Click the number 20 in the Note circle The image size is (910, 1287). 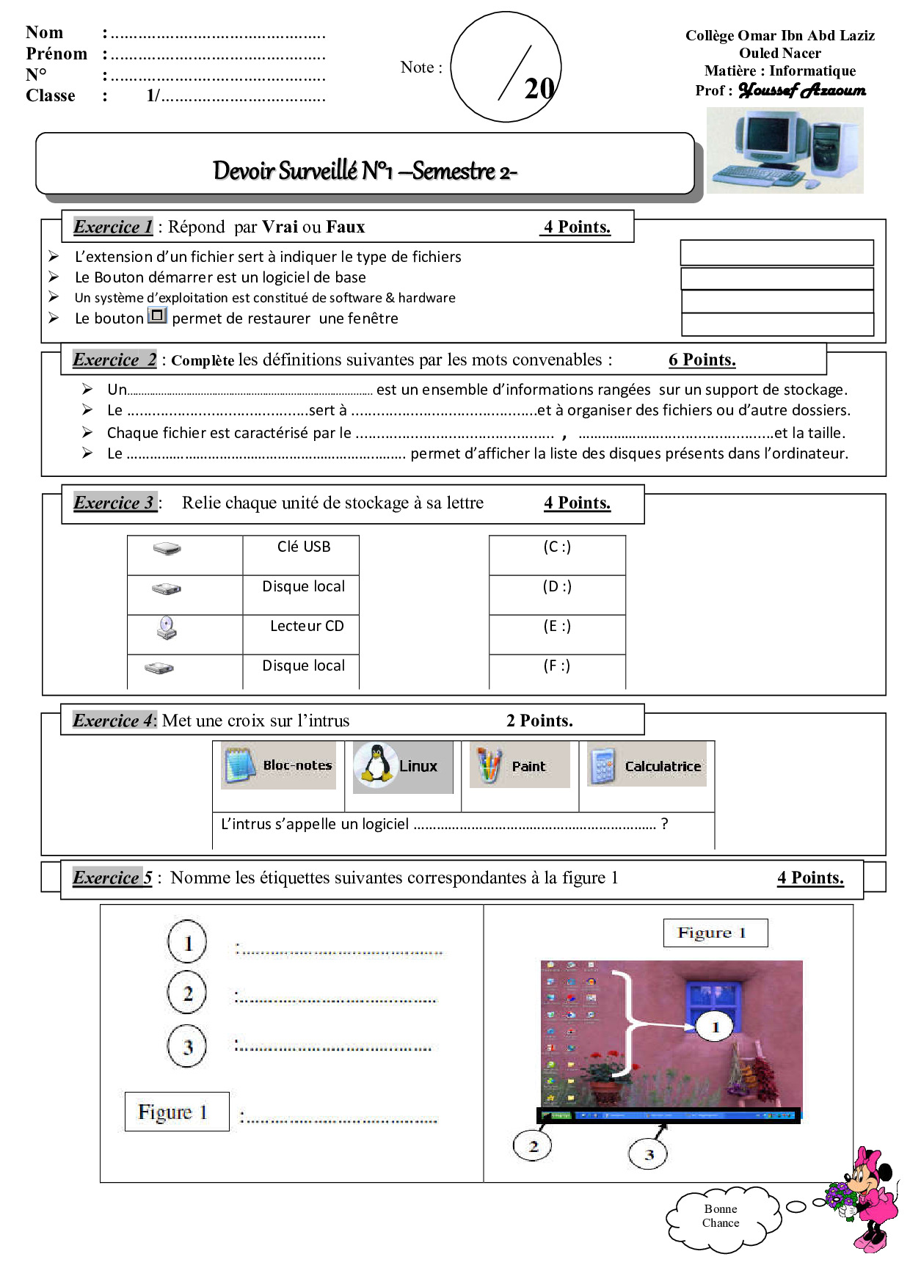tap(539, 89)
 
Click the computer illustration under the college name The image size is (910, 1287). tap(784, 150)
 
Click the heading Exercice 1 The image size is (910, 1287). tap(113, 227)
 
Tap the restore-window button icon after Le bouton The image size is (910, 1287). tap(158, 316)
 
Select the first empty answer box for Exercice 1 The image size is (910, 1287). tap(776, 252)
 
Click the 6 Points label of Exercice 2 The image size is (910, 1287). tap(702, 360)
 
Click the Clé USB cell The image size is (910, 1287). tap(303, 547)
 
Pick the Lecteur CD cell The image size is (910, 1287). tap(306, 627)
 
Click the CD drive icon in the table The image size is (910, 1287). tap(167, 627)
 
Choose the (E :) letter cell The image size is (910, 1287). tap(557, 627)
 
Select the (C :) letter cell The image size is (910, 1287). tap(557, 547)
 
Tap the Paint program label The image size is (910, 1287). tap(528, 766)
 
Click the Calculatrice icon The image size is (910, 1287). tap(603, 766)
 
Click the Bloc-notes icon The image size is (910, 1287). tap(239, 765)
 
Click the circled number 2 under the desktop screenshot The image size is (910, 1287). tap(533, 1145)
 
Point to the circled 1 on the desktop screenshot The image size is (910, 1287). tap(716, 1027)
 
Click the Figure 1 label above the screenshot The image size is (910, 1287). tap(715, 933)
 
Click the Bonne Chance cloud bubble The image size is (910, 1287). tap(721, 1216)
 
